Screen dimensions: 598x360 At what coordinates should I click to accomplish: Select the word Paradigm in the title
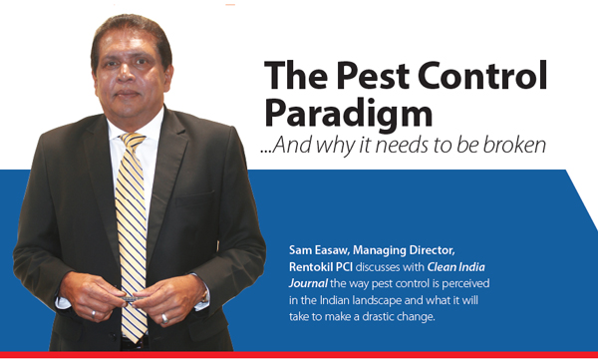tap(349, 113)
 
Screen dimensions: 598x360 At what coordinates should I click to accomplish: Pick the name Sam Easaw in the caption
tap(319, 250)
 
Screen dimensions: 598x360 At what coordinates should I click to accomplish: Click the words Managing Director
tap(404, 251)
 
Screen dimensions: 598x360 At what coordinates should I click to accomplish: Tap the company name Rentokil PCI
tap(321, 267)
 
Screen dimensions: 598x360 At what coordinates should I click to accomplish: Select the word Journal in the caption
tap(308, 283)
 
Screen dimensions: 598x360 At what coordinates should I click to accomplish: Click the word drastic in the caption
tap(379, 317)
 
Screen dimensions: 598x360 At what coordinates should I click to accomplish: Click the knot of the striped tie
tap(133, 140)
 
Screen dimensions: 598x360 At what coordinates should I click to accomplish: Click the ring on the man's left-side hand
tap(94, 314)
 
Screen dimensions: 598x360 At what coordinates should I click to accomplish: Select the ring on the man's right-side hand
tap(164, 318)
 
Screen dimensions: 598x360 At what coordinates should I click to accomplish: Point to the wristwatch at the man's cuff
tap(205, 296)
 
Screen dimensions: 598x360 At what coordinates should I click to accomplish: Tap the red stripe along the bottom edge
tap(299, 355)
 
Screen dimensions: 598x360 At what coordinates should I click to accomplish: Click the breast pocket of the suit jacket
tap(195, 197)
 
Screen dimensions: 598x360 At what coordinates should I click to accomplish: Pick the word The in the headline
tap(296, 75)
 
